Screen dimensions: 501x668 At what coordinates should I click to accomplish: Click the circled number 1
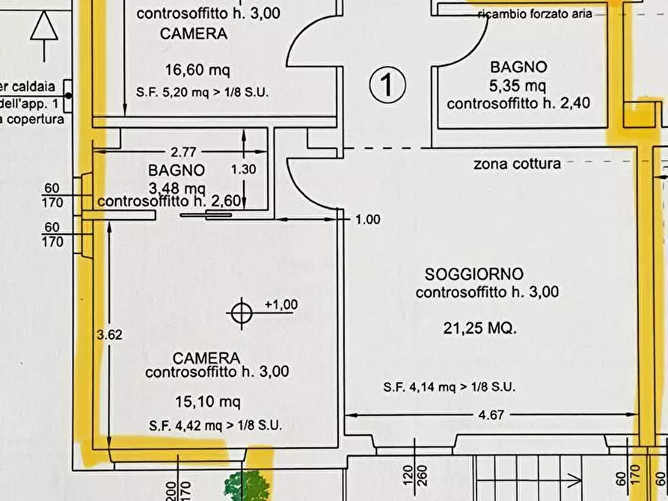click(x=387, y=84)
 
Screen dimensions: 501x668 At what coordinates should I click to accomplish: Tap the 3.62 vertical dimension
click(x=110, y=335)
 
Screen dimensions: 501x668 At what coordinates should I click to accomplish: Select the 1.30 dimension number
click(x=243, y=170)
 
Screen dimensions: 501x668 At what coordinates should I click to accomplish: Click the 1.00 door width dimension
click(x=367, y=220)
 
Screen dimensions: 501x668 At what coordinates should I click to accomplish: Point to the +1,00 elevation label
click(x=281, y=304)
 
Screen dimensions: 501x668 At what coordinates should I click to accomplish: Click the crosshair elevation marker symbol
click(x=241, y=312)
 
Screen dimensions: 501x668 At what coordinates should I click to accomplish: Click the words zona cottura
click(x=517, y=163)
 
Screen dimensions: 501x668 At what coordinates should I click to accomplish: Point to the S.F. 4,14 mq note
click(x=449, y=387)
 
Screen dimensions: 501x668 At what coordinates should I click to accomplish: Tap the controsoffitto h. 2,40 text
click(x=518, y=103)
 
